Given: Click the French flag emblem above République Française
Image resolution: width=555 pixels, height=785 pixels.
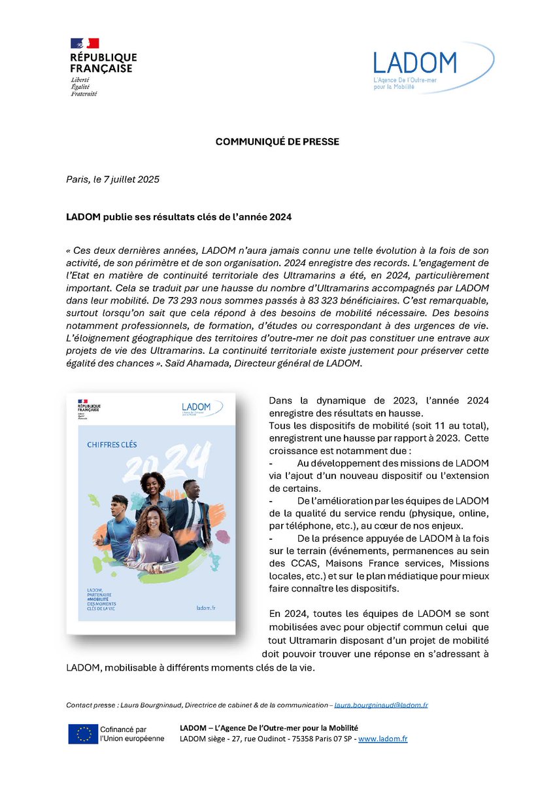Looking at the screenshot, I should pyautogui.click(x=84, y=44).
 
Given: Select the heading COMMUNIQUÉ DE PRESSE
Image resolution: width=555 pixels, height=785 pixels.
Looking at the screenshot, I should pyautogui.click(x=277, y=142).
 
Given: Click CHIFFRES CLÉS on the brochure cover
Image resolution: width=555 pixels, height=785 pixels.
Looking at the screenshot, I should pyautogui.click(x=112, y=444).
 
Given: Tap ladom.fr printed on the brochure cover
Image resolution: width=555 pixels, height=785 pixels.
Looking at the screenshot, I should pyautogui.click(x=206, y=608).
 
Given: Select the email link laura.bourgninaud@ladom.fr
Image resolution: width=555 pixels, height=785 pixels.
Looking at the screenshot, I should pyautogui.click(x=380, y=705).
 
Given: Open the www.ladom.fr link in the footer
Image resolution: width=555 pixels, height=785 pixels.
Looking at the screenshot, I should pyautogui.click(x=382, y=739).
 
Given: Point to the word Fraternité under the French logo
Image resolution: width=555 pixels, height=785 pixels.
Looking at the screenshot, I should pyautogui.click(x=84, y=94).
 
